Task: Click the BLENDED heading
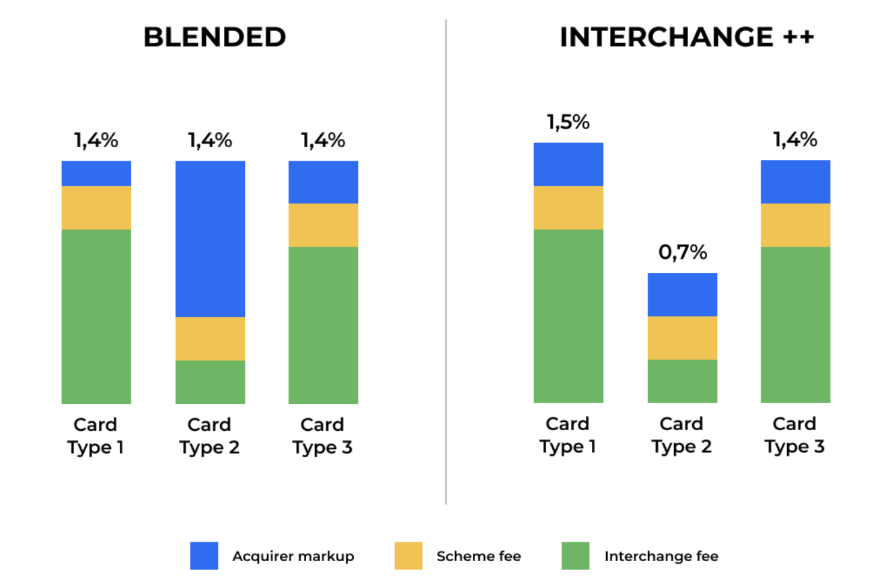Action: pyautogui.click(x=215, y=37)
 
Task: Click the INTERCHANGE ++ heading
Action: pyautogui.click(x=687, y=37)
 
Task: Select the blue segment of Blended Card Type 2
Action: pyautogui.click(x=210, y=239)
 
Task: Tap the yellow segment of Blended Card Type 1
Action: pyautogui.click(x=96, y=208)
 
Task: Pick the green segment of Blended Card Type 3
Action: pyautogui.click(x=323, y=325)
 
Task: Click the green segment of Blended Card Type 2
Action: pyautogui.click(x=210, y=382)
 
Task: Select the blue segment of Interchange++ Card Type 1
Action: pyautogui.click(x=568, y=164)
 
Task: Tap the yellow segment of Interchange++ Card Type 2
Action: pyautogui.click(x=682, y=338)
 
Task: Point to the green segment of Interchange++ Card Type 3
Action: pyautogui.click(x=795, y=325)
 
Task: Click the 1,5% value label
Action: pyautogui.click(x=568, y=122)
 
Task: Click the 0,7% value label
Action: pyautogui.click(x=682, y=252)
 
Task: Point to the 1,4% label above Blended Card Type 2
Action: pyautogui.click(x=210, y=140)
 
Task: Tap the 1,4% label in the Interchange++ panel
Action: pyautogui.click(x=795, y=140)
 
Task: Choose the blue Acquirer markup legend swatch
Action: pyautogui.click(x=204, y=556)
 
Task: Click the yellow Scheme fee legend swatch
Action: pyautogui.click(x=408, y=556)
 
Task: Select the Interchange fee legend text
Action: pyautogui.click(x=661, y=556)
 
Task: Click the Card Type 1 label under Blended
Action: pyautogui.click(x=96, y=436)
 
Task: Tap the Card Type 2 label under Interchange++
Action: pyautogui.click(x=681, y=435)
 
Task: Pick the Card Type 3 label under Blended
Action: pyautogui.click(x=322, y=436)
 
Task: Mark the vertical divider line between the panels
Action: pyautogui.click(x=446, y=262)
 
